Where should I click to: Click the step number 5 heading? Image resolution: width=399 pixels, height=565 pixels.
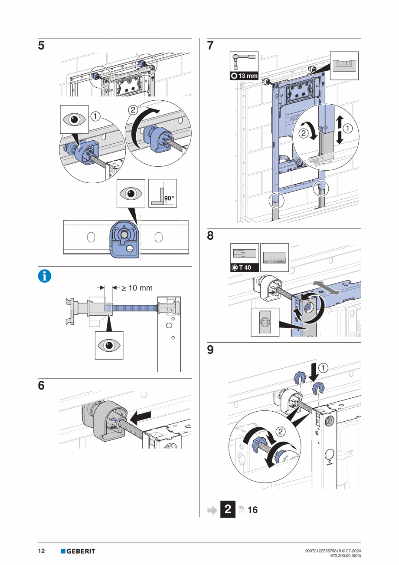(41, 46)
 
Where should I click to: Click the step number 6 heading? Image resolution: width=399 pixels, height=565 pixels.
(41, 386)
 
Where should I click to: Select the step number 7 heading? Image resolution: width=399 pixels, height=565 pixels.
(210, 46)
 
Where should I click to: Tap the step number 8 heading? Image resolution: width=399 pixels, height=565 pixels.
(210, 236)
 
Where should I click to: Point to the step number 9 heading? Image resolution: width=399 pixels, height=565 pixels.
(210, 350)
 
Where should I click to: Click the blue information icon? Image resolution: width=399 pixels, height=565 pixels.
(45, 276)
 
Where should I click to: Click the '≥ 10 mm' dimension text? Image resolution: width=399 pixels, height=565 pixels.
(135, 287)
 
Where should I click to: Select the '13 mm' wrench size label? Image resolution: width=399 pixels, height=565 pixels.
(244, 76)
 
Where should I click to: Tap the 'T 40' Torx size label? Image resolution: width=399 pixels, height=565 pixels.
(244, 268)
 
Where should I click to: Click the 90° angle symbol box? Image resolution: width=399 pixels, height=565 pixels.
(163, 193)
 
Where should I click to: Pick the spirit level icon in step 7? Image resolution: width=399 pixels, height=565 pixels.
(344, 65)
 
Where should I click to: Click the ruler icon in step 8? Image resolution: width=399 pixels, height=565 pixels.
(274, 258)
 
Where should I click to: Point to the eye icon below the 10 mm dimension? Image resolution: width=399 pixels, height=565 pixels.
(109, 345)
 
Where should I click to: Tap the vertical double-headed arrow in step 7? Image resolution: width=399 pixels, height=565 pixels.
(340, 129)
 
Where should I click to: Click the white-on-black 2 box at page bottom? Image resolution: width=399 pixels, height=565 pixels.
(228, 509)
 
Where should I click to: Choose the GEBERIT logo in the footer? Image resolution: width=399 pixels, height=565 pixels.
(78, 552)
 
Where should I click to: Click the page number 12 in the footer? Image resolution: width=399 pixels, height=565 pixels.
(42, 552)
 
